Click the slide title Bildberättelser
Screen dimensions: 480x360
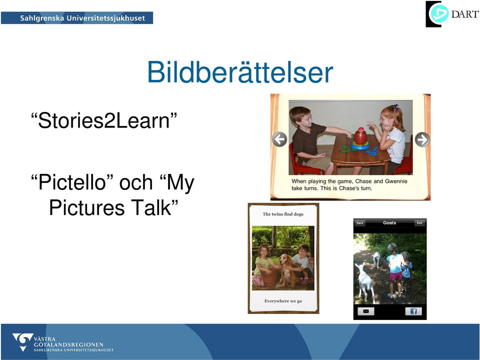(x=240, y=72)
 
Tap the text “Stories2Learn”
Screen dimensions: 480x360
(x=104, y=120)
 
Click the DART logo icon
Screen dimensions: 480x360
(x=438, y=14)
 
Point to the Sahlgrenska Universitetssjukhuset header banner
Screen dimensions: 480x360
(x=77, y=18)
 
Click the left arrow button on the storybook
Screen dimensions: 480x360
(x=279, y=139)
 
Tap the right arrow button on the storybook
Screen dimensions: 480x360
(x=422, y=139)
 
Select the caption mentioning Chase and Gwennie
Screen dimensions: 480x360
(x=349, y=184)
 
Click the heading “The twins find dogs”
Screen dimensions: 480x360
(x=283, y=214)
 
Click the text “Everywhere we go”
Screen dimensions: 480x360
(x=283, y=301)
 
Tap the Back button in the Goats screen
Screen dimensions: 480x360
(x=360, y=223)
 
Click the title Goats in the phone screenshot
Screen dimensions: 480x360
(x=389, y=223)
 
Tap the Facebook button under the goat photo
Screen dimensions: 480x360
(x=413, y=311)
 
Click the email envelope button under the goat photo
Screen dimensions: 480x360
(x=366, y=311)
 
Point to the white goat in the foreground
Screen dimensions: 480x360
(x=365, y=281)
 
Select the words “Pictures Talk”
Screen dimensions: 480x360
(x=113, y=207)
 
